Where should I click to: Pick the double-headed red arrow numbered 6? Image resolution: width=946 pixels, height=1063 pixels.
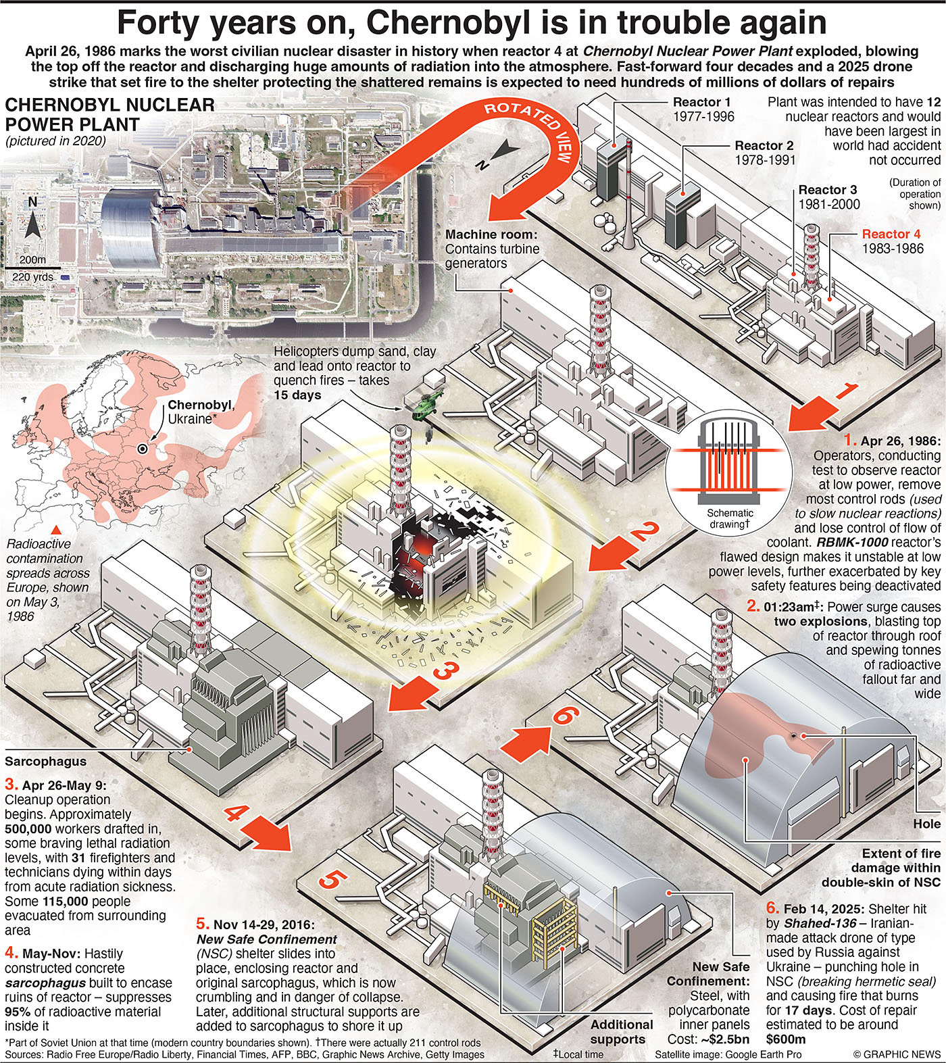pyautogui.click(x=533, y=733)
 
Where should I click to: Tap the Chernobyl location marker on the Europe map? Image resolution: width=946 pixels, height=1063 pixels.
pyautogui.click(x=142, y=449)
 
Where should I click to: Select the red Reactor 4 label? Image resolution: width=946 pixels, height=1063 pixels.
pyautogui.click(x=891, y=234)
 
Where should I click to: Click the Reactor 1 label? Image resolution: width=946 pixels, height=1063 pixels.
pyautogui.click(x=701, y=102)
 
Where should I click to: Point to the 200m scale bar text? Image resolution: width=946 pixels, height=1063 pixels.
pyautogui.click(x=32, y=259)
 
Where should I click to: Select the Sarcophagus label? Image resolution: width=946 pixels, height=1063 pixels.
pyautogui.click(x=46, y=761)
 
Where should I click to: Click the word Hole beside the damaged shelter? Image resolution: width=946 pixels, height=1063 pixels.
pyautogui.click(x=926, y=823)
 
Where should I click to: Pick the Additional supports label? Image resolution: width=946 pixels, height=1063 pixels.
pyautogui.click(x=621, y=1032)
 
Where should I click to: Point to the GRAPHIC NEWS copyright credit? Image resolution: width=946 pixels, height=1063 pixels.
pyautogui.click(x=896, y=1054)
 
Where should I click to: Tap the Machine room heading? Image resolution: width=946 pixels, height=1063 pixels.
pyautogui.click(x=491, y=234)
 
